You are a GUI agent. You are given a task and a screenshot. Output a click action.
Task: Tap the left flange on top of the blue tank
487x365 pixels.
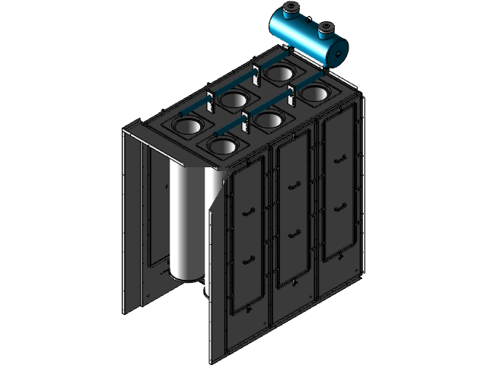[x=291, y=11]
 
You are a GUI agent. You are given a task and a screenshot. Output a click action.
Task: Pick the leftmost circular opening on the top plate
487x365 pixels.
[x=186, y=125]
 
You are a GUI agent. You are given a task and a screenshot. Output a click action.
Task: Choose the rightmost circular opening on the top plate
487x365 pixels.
[x=313, y=94]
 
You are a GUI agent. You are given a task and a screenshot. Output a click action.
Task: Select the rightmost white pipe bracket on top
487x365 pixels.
[x=291, y=96]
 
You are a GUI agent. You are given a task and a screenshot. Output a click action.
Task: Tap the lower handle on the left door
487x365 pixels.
[x=246, y=259]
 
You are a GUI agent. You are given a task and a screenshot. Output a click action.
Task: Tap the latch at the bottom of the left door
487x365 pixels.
[x=246, y=311]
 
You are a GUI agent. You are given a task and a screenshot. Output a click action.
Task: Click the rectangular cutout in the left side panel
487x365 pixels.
[x=155, y=205]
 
